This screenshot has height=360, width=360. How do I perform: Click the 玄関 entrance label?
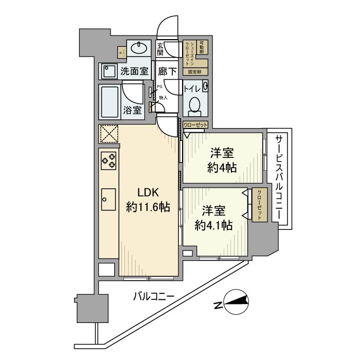coord(160,49)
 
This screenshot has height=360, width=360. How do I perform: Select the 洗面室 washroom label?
coord(134,72)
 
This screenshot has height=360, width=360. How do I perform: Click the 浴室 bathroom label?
coord(133,110)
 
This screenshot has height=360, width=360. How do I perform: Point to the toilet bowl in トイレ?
coord(194,106)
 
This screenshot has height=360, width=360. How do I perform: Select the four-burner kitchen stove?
coord(109,161)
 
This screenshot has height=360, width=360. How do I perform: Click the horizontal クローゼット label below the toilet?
coord(195,125)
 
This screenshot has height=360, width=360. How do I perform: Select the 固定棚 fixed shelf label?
coord(195,72)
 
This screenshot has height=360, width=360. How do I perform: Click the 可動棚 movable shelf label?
coord(202,47)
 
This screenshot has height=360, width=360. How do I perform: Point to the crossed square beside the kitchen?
coord(109,135)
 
